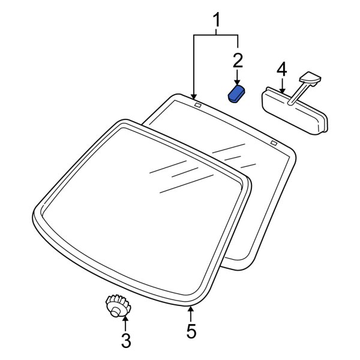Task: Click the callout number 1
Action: pyautogui.click(x=216, y=20)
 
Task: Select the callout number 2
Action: pyautogui.click(x=238, y=60)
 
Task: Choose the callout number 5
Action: pyautogui.click(x=191, y=331)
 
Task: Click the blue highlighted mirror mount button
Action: pyautogui.click(x=236, y=93)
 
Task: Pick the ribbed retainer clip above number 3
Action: pyautogui.click(x=118, y=306)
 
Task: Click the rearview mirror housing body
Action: pyautogui.click(x=295, y=111)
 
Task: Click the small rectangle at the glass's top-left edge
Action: pyautogui.click(x=198, y=105)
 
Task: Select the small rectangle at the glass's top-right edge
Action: pyautogui.click(x=274, y=143)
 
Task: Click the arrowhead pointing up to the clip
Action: pyautogui.click(x=125, y=319)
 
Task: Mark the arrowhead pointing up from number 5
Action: pyautogui.click(x=190, y=309)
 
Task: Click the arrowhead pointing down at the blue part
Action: pyautogui.click(x=237, y=82)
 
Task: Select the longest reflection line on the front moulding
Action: pyautogui.click(x=187, y=184)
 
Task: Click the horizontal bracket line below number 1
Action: pyautogui.click(x=216, y=35)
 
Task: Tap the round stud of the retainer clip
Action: pyautogui.click(x=115, y=313)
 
